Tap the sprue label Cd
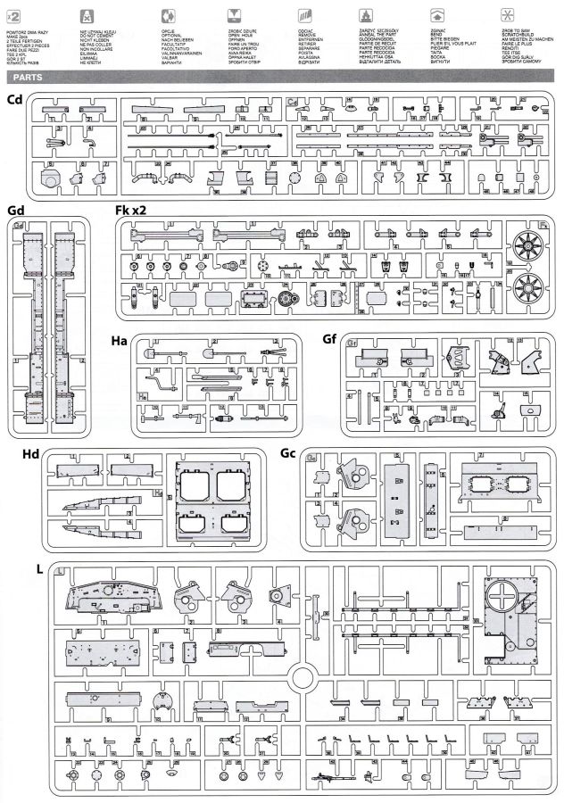click(x=14, y=98)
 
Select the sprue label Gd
click(x=14, y=210)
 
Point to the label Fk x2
click(x=131, y=210)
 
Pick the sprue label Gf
click(x=332, y=341)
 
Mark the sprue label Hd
click(x=29, y=453)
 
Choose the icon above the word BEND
click(x=437, y=15)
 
